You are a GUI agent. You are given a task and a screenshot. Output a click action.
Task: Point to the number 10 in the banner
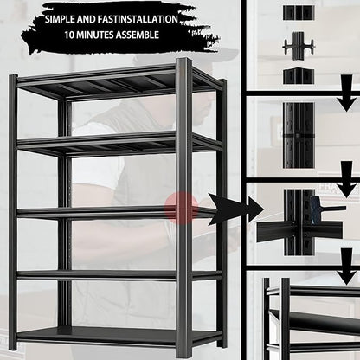coord(70,36)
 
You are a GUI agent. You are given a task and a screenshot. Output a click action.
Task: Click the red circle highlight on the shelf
coord(181,208)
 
